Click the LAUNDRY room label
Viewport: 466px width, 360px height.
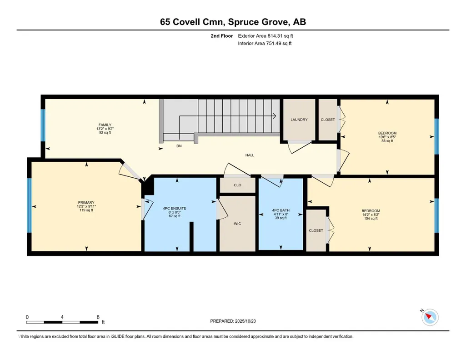299,120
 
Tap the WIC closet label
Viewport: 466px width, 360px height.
237,224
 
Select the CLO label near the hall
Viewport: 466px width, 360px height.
237,185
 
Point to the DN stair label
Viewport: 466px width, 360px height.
179,146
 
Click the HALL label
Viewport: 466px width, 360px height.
250,155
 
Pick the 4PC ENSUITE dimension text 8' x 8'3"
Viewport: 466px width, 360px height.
175,212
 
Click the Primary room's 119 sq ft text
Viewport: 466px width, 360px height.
86,210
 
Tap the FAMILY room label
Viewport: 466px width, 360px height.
105,125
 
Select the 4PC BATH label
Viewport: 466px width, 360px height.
281,210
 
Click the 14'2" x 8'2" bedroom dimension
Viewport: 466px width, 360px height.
371,215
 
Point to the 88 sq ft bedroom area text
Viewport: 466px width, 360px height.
387,141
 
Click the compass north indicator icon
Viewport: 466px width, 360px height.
430,317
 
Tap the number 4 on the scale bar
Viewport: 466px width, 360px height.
62,317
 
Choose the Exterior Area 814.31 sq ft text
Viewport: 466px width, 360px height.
266,36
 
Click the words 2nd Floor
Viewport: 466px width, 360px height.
222,36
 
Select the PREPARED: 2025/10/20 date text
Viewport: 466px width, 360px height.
233,321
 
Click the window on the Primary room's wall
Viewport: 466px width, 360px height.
29,205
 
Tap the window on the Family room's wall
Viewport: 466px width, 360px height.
43,125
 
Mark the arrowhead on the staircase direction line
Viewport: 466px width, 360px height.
275,116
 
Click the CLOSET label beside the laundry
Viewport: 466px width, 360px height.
328,120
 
